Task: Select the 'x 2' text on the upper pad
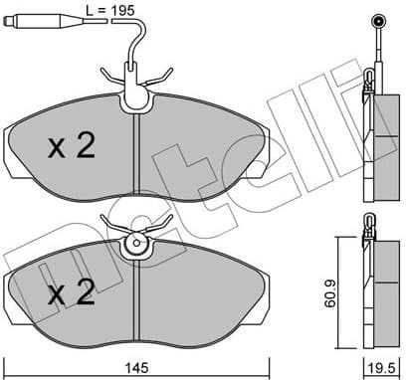[72, 147]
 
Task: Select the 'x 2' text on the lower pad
[71, 293]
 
